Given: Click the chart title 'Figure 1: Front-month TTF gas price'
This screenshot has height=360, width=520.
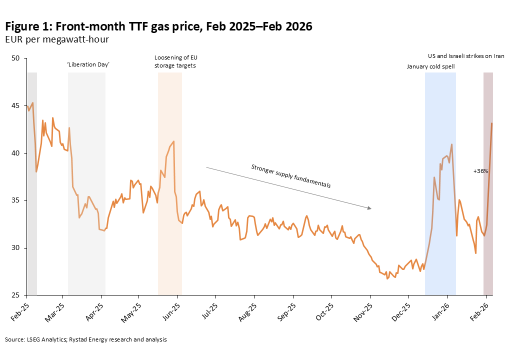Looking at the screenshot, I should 158,26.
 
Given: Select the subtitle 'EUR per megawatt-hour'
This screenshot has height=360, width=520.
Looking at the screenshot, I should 57,39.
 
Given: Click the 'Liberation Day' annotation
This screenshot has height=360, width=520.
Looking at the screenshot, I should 88,65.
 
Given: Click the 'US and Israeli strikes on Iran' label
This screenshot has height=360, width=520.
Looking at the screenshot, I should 466,56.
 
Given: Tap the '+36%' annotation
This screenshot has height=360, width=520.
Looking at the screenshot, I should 480,171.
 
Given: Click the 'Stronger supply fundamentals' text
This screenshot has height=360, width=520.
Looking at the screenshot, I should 291,175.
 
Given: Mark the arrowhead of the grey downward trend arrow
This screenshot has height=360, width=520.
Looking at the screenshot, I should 370,208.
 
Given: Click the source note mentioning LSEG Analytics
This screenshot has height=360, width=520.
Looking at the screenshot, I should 85,339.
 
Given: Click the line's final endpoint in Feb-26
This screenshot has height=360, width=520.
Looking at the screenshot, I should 492,123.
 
